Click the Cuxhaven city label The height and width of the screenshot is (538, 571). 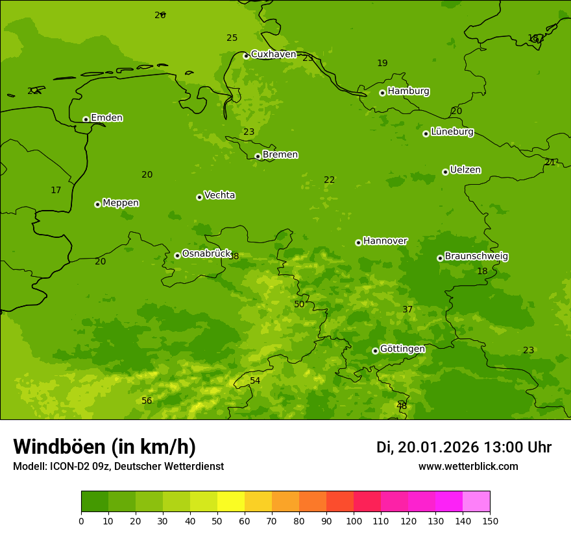pos(273,54)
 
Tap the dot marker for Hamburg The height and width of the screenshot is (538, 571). pos(382,93)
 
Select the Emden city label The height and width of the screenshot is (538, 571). pos(106,118)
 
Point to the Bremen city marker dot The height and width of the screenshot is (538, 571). pos(258,156)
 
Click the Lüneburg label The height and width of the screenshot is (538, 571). pos(452,132)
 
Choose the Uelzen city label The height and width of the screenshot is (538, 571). pos(465,170)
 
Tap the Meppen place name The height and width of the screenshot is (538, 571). pos(121,203)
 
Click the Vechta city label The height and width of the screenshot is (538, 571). pos(219,195)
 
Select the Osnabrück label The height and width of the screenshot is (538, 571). pos(206,253)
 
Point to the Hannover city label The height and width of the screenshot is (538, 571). pos(385,240)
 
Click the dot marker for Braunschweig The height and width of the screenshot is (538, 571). pos(440,258)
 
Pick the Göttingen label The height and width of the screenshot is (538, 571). pos(402,349)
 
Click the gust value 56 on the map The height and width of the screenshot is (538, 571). pos(147,401)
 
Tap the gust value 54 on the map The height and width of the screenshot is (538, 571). pos(255,381)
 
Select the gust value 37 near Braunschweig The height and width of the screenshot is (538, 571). pos(407,310)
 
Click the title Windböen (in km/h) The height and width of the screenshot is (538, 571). pos(104,447)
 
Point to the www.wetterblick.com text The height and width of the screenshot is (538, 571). pos(468,467)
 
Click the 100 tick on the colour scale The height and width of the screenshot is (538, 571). pos(354,520)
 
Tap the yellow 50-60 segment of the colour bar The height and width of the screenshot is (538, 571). pos(231,502)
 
